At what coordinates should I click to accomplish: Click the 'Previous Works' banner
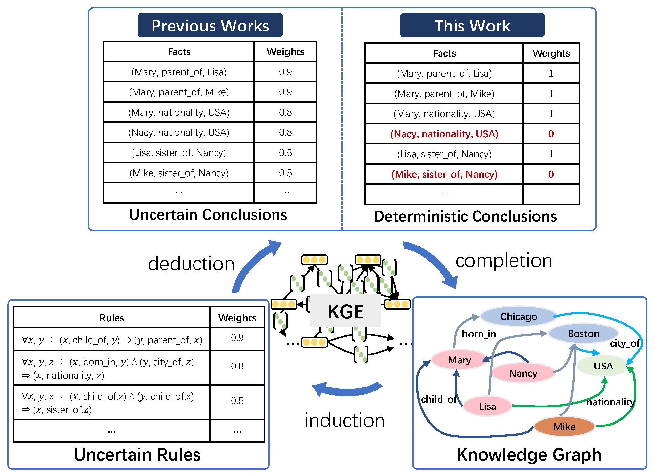pyautogui.click(x=210, y=26)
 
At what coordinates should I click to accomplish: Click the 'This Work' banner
pyautogui.click(x=472, y=26)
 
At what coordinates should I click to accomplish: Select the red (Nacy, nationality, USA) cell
pyautogui.click(x=444, y=134)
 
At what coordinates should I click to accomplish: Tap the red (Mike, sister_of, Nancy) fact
pyautogui.click(x=444, y=174)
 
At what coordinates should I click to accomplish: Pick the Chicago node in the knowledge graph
pyautogui.click(x=518, y=316)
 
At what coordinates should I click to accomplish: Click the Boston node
pyautogui.click(x=583, y=334)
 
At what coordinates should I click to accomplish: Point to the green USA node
pyautogui.click(x=603, y=366)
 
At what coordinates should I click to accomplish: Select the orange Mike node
pyautogui.click(x=564, y=426)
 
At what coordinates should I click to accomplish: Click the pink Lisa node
pyautogui.click(x=487, y=406)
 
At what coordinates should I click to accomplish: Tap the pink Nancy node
pyautogui.click(x=523, y=373)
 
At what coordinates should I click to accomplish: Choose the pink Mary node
pyautogui.click(x=459, y=360)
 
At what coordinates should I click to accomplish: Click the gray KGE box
pyautogui.click(x=345, y=311)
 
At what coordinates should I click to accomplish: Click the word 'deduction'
pyautogui.click(x=191, y=264)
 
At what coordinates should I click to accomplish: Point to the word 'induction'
pyautogui.click(x=344, y=420)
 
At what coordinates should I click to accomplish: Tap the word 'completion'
pyautogui.click(x=504, y=261)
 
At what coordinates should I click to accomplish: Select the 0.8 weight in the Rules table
pyautogui.click(x=237, y=366)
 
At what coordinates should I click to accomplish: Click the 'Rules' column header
pyautogui.click(x=112, y=318)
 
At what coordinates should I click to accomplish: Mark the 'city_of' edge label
pyautogui.click(x=624, y=343)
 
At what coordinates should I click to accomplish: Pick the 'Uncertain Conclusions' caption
pyautogui.click(x=208, y=215)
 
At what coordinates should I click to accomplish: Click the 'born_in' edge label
pyautogui.click(x=479, y=334)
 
